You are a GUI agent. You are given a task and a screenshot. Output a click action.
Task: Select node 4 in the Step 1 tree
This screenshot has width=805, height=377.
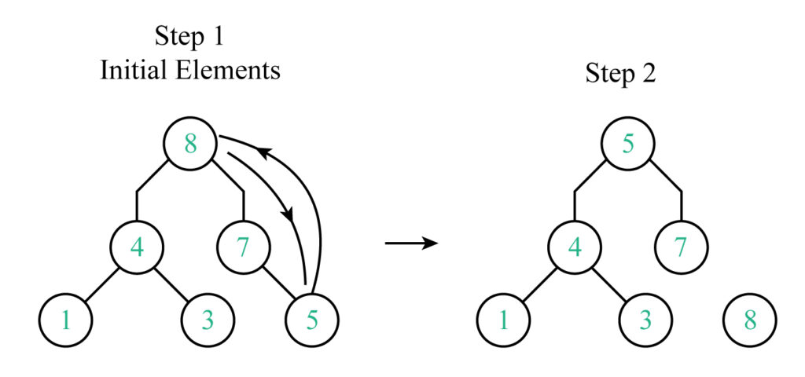click(137, 247)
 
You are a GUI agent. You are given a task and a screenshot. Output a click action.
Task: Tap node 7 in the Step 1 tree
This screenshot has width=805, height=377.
click(244, 247)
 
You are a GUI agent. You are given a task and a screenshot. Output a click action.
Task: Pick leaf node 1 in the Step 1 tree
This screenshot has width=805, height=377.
click(66, 320)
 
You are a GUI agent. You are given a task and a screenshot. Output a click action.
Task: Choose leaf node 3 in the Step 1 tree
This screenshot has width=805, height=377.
click(208, 320)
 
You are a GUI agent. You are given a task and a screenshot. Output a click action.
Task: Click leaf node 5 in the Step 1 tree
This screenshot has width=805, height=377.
click(312, 320)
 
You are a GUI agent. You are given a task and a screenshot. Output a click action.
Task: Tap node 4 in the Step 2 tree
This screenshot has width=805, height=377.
click(575, 247)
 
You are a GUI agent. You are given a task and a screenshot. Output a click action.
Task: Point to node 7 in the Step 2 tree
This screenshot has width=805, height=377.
click(682, 247)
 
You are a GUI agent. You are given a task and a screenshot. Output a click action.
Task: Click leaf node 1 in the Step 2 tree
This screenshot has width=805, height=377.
click(504, 320)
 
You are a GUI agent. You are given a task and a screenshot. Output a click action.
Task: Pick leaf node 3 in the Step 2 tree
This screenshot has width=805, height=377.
click(645, 320)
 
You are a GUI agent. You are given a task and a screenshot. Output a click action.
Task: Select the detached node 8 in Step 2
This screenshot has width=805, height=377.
click(750, 320)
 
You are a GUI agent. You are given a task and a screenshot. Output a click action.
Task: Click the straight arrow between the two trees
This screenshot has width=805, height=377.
click(411, 243)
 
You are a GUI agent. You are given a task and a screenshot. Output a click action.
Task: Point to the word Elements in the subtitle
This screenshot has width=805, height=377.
click(229, 70)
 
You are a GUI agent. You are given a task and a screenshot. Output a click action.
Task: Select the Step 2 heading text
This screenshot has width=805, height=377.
click(620, 75)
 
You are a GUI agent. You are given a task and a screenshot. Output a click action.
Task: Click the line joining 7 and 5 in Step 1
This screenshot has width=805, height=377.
click(279, 282)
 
